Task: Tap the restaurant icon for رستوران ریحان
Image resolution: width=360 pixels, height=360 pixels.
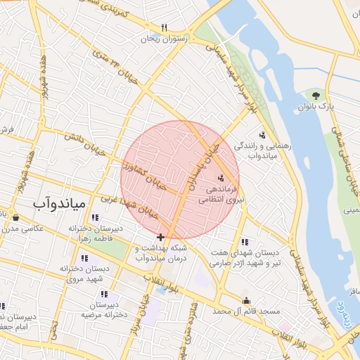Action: (x=165, y=28)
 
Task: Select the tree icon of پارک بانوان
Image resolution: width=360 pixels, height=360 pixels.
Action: (x=316, y=94)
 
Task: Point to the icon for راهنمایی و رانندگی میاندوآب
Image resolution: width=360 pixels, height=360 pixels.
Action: (x=262, y=134)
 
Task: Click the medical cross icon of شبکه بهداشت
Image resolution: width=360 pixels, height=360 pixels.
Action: (x=161, y=238)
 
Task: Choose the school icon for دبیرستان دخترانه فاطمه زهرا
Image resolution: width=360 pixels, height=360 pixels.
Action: (x=96, y=217)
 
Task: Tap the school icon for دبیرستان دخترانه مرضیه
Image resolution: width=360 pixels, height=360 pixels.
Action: (x=104, y=294)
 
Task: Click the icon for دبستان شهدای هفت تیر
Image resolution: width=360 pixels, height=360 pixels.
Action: (x=244, y=241)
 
